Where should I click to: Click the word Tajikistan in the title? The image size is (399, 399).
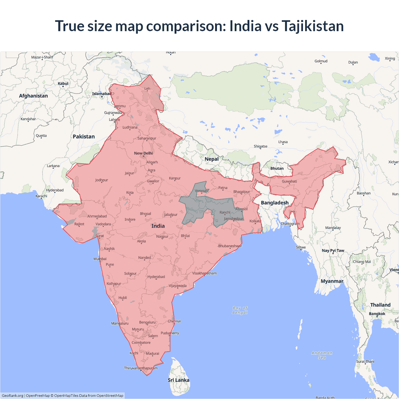312,26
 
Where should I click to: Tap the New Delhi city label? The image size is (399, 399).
143,153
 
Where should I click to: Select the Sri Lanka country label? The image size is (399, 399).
178,380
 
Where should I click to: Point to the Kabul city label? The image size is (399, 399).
63,84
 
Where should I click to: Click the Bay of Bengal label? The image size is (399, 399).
240,310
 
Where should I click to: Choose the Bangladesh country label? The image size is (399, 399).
275,203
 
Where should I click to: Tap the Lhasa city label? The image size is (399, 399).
283,142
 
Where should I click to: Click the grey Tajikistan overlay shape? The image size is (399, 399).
199,207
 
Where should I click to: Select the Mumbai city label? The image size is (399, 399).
100,259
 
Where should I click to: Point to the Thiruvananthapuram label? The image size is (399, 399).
141,368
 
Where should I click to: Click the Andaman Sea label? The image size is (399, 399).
322,355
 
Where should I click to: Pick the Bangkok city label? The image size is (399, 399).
377,314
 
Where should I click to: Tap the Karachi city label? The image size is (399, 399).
41,196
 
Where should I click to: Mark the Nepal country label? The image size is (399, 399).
212,159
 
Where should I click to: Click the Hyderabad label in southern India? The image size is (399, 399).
156,277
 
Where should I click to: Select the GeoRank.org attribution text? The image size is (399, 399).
12,396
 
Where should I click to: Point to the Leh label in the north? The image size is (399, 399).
147,89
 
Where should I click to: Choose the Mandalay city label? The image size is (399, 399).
333,228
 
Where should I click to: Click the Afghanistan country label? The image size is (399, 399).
33,96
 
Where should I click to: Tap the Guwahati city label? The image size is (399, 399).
289,181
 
